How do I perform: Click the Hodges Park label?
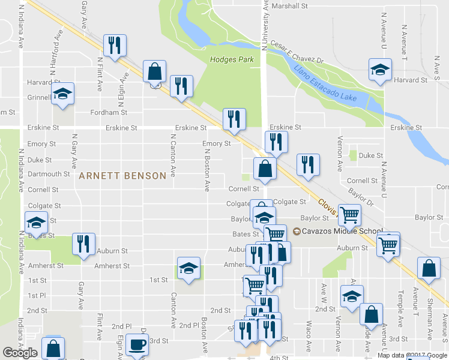coord(232,59)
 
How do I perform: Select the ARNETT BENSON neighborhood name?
coord(122,176)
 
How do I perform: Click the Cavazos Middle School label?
coord(342,232)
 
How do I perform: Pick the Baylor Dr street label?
coord(361,196)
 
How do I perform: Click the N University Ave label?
coord(264,24)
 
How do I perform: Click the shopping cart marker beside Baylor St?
coord(349,213)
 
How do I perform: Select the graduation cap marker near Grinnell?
coord(62,94)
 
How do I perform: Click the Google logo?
coord(20,353)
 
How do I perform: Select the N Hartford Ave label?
coord(56,54)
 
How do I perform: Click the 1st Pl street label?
coord(37,296)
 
